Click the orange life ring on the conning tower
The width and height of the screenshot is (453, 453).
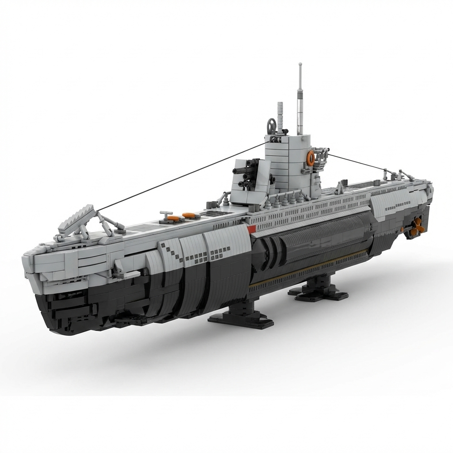pos(311,158)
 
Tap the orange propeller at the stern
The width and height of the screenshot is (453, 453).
pos(416,226)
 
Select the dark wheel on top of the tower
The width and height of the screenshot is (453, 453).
pos(270,124)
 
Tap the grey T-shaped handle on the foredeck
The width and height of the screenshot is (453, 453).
pos(166,215)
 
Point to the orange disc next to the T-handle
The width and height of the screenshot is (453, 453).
pos(174,218)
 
